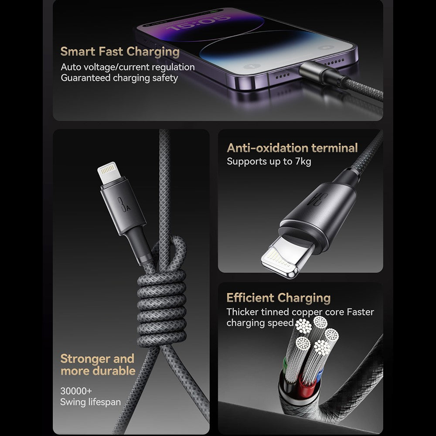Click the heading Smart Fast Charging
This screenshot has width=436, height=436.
tap(120, 51)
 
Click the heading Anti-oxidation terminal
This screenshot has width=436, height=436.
tap(292, 148)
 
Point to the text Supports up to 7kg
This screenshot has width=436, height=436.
tap(269, 161)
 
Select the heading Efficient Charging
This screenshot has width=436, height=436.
tap(278, 298)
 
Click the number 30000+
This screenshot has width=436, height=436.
tap(76, 391)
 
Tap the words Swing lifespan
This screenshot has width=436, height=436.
tap(90, 402)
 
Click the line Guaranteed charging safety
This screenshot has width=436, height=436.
tap(119, 78)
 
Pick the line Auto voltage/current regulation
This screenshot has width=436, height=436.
tap(127, 67)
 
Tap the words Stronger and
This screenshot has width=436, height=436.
tap(97, 359)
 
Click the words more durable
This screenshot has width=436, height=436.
tap(98, 371)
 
